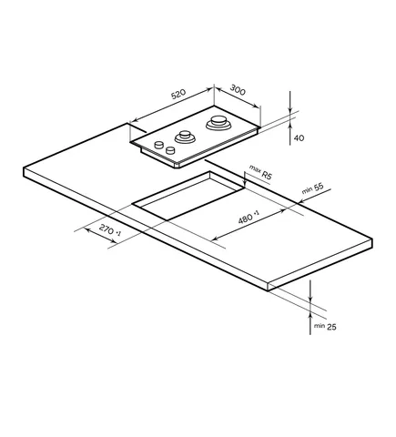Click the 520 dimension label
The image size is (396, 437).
(178, 94)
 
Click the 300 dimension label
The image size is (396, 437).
(238, 90)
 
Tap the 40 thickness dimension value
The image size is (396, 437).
(299, 138)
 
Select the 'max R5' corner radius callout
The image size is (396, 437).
(260, 172)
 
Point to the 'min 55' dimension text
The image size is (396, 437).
(313, 188)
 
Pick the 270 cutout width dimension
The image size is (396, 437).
(110, 230)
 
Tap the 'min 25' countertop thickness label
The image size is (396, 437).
(325, 327)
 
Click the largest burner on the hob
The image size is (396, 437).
(218, 123)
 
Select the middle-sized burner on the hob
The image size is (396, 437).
(185, 137)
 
